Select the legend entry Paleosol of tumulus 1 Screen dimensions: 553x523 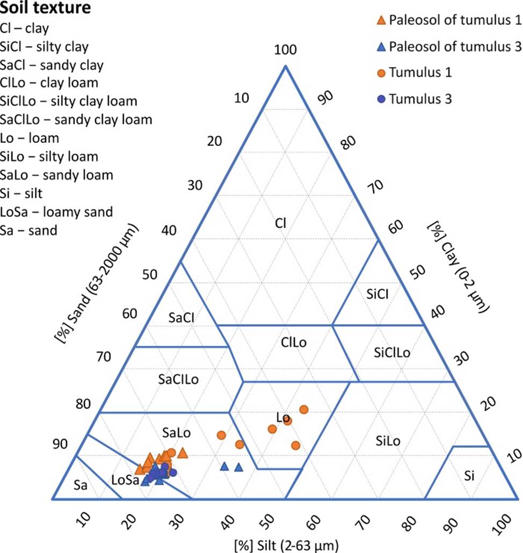448,20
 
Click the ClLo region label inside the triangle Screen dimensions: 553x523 294,342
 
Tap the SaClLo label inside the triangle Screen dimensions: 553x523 179,380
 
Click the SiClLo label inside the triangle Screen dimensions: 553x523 391,352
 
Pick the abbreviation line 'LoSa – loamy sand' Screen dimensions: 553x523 56,212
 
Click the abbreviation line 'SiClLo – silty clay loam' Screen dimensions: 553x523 69,101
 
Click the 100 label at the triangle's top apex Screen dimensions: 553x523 285,50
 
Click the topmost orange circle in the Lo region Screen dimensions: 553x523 304,410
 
